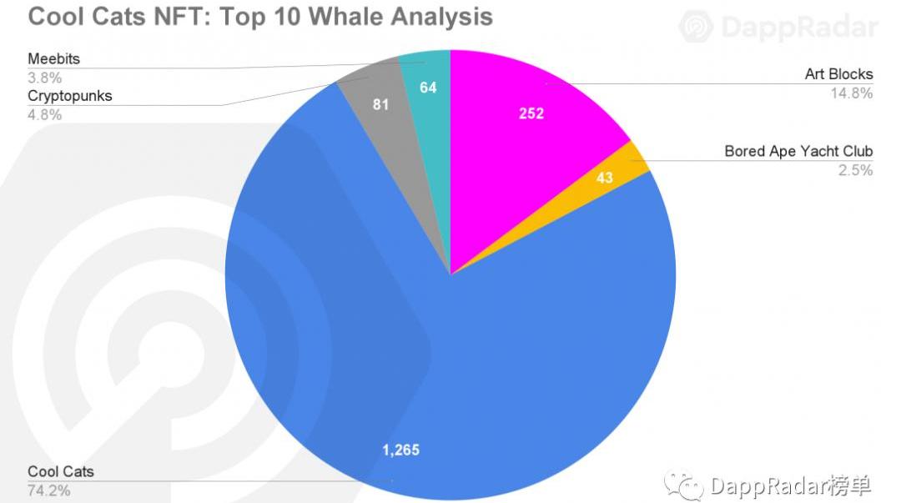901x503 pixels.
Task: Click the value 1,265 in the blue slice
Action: click(x=400, y=450)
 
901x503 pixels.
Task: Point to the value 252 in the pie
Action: click(x=531, y=113)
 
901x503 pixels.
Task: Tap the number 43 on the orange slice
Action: click(x=604, y=177)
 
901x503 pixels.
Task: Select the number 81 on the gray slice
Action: click(x=381, y=106)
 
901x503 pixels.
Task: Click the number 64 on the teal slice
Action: click(x=428, y=87)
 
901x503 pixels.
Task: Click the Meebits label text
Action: click(x=54, y=59)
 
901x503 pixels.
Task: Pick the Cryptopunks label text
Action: click(x=69, y=96)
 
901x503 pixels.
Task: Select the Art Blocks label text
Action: click(x=838, y=75)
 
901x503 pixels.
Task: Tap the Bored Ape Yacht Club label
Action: click(x=798, y=152)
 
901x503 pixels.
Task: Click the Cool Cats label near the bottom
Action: click(x=61, y=472)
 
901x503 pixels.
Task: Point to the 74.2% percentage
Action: click(x=48, y=490)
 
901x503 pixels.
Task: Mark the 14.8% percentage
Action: click(x=851, y=93)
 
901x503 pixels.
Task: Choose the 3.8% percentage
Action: click(x=44, y=78)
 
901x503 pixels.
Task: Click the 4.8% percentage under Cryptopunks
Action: click(x=44, y=115)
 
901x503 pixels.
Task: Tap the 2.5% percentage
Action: click(x=855, y=170)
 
